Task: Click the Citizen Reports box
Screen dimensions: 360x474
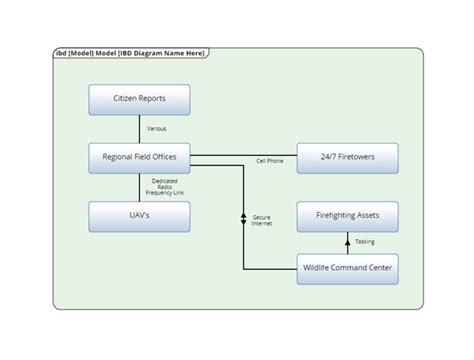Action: pyautogui.click(x=139, y=99)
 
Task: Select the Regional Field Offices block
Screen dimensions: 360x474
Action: pyautogui.click(x=139, y=157)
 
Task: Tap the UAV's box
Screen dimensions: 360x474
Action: pyautogui.click(x=139, y=216)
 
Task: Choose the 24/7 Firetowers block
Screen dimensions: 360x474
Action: pyautogui.click(x=347, y=157)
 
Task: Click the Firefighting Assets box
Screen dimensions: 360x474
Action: pyautogui.click(x=347, y=216)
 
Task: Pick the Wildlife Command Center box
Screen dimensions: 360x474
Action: pyautogui.click(x=347, y=269)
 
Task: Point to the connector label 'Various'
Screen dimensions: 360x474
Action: pyautogui.click(x=156, y=128)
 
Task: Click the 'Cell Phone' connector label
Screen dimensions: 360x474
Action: pyautogui.click(x=270, y=161)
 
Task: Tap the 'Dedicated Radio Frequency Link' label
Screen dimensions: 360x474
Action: pyautogui.click(x=165, y=187)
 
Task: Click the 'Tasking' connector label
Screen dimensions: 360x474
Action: pyautogui.click(x=365, y=242)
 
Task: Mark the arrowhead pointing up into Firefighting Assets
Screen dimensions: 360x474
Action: pyautogui.click(x=347, y=236)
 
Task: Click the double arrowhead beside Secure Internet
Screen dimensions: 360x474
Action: pyautogui.click(x=244, y=218)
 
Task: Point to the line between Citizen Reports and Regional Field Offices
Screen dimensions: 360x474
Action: pyautogui.click(x=139, y=127)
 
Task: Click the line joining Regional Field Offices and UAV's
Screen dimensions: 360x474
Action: pyautogui.click(x=139, y=187)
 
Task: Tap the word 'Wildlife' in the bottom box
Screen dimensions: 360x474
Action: pyautogui.click(x=320, y=269)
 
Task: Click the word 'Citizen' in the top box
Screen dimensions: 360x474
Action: pyautogui.click(x=125, y=99)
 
